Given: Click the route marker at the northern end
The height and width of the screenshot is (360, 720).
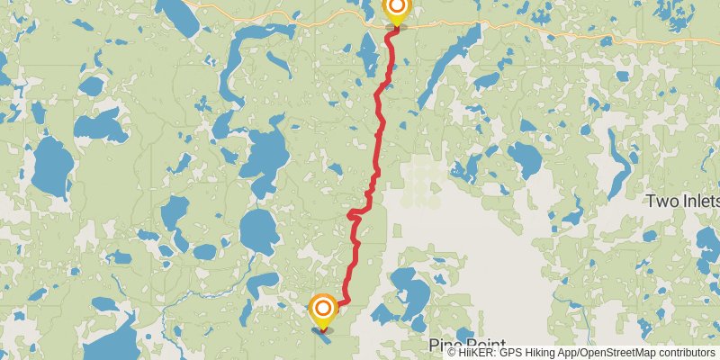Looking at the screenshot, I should (x=396, y=10).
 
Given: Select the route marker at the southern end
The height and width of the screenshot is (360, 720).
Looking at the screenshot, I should (x=322, y=310).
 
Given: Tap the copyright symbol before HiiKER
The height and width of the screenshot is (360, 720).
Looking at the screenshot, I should (x=452, y=353).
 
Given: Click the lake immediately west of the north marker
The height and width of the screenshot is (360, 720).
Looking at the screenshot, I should (x=368, y=57).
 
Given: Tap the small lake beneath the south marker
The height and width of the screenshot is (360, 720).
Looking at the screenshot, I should (x=322, y=330).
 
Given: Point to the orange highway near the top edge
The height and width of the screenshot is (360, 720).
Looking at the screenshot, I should (x=558, y=32).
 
